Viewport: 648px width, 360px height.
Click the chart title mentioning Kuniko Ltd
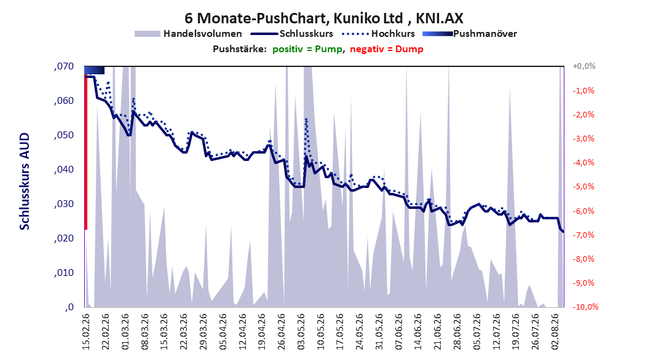tap(323, 18)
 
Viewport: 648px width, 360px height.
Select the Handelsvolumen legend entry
tap(189, 34)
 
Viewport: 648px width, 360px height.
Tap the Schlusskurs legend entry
tap(292, 34)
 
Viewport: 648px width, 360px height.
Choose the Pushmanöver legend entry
tap(470, 34)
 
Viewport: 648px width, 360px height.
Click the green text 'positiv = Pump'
tap(307, 49)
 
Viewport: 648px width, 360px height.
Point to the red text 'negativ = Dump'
tap(387, 49)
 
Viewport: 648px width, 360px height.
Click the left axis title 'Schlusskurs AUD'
tap(25, 181)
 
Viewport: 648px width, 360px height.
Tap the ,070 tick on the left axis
tap(64, 66)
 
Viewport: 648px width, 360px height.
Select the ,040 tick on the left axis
tap(64, 170)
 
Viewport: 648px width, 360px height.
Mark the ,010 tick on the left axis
tap(64, 273)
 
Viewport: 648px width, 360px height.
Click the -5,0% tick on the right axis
tap(583, 187)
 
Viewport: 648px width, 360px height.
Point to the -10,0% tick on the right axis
tap(585, 307)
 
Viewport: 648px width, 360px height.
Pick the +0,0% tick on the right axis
tap(584, 66)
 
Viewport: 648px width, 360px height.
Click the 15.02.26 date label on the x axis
tap(86, 332)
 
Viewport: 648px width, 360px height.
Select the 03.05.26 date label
tap(301, 332)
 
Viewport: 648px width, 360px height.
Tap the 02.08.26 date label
tap(556, 332)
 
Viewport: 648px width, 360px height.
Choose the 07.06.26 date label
tap(399, 332)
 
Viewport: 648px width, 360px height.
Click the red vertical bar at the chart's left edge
tap(86, 152)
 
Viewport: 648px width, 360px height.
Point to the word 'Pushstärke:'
tap(240, 49)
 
